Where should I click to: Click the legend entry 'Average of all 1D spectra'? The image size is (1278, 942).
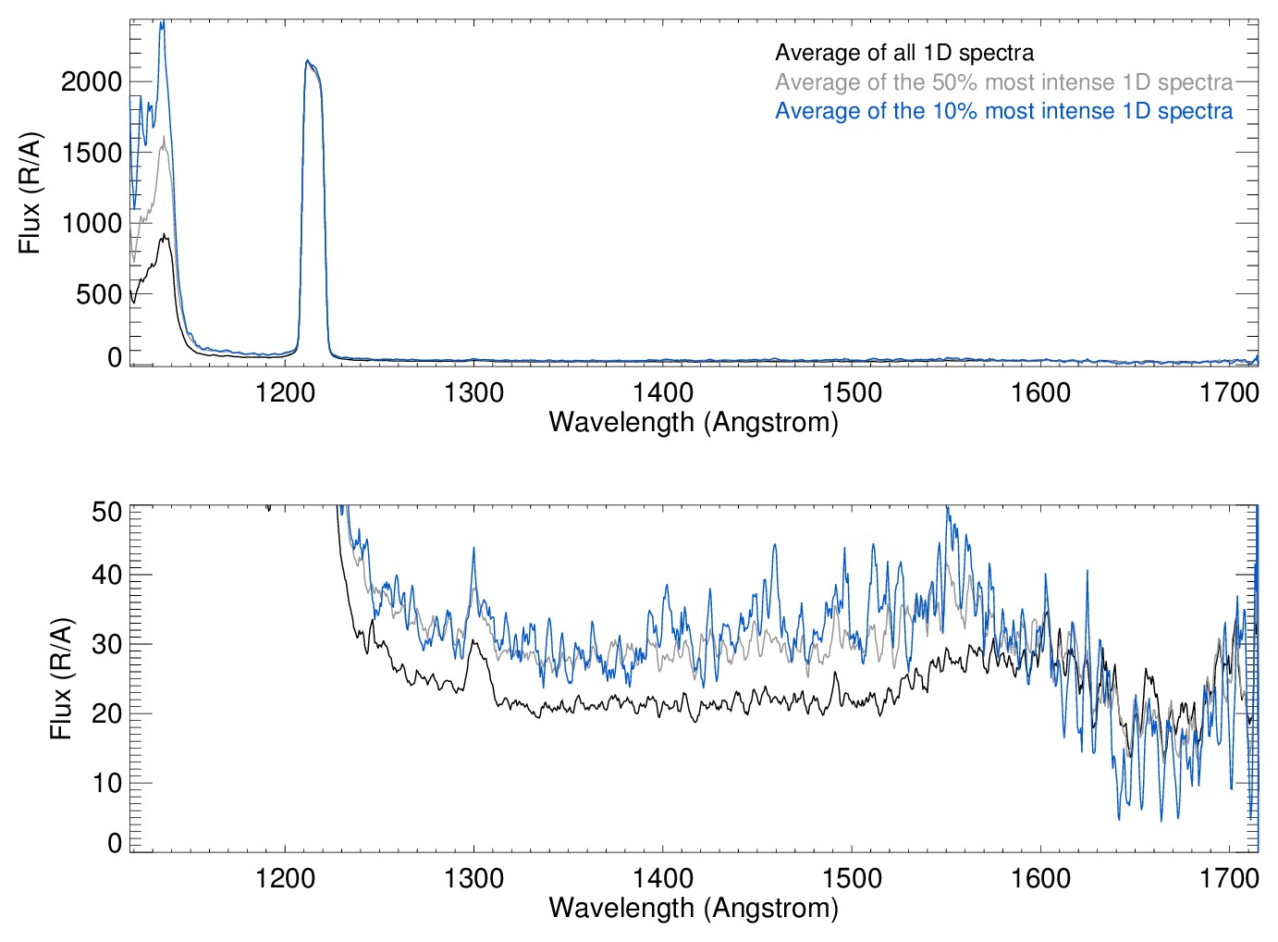(x=904, y=53)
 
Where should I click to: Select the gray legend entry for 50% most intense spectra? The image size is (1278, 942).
(x=1003, y=82)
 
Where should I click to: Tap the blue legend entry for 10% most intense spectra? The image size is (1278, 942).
(x=1003, y=111)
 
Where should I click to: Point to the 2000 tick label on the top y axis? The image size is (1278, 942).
(x=92, y=81)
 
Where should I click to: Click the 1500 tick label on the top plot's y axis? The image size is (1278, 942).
(x=92, y=153)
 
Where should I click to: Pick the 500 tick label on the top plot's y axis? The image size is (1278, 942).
(x=99, y=294)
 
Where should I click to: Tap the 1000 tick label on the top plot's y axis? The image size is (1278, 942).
(x=92, y=223)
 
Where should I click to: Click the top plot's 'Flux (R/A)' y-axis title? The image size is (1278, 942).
(x=30, y=192)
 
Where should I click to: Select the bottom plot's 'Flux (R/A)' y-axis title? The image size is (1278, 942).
(x=61, y=678)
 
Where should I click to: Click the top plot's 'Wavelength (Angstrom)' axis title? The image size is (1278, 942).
(x=694, y=422)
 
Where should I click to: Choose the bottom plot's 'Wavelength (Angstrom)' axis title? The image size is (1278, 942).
(x=694, y=908)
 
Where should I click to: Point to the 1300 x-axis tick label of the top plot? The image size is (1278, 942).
(x=473, y=392)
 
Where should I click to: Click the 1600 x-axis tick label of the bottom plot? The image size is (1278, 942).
(x=1040, y=877)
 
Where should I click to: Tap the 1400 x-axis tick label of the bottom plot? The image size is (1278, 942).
(x=663, y=877)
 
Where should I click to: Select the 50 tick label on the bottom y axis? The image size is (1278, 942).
(x=106, y=511)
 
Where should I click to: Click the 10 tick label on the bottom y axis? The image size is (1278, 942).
(x=106, y=783)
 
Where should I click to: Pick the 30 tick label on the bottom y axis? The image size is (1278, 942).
(x=106, y=644)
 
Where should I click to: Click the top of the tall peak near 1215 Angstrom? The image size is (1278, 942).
(x=308, y=62)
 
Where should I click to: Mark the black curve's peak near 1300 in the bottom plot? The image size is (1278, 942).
(x=473, y=640)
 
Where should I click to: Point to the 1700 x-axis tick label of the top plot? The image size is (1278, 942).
(x=1229, y=392)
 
